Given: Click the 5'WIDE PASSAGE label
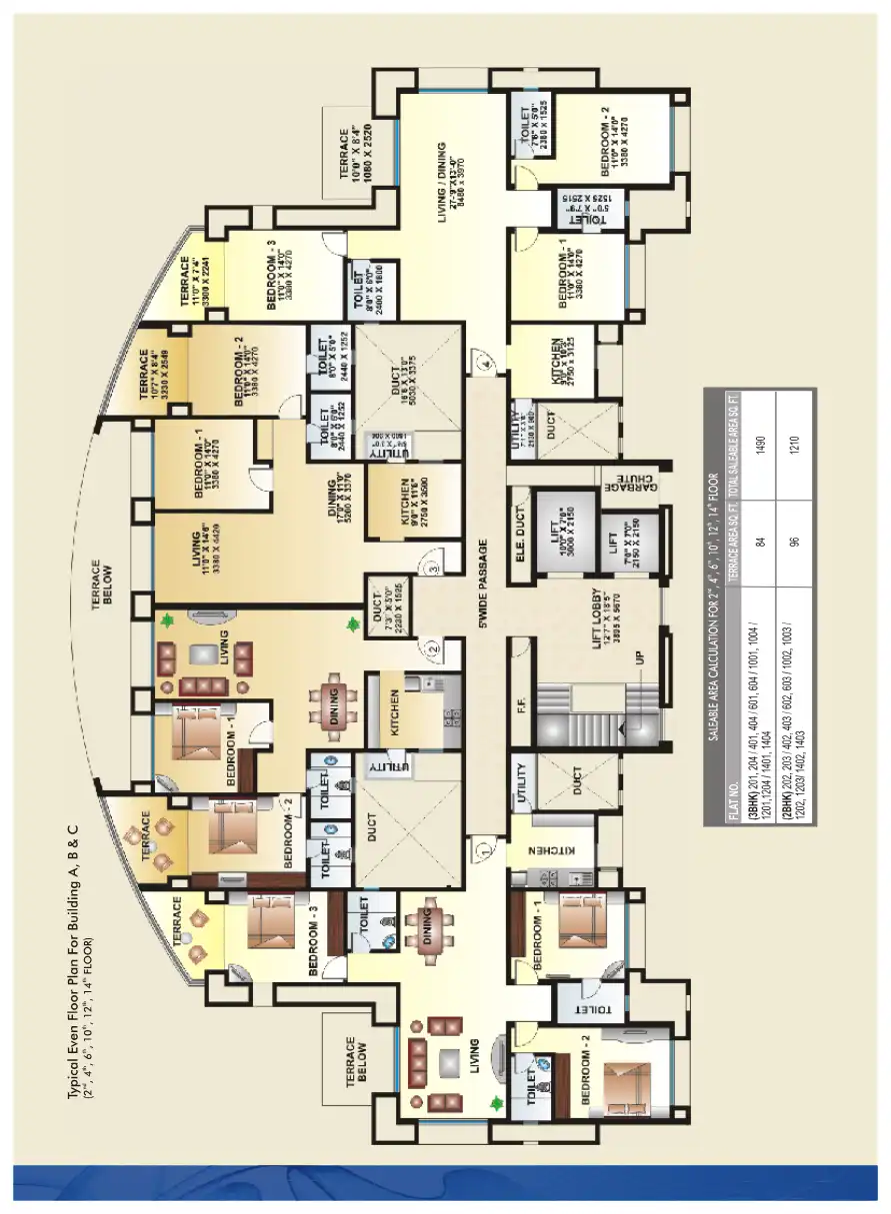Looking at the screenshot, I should [x=482, y=581].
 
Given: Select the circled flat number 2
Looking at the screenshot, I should [x=432, y=650].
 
